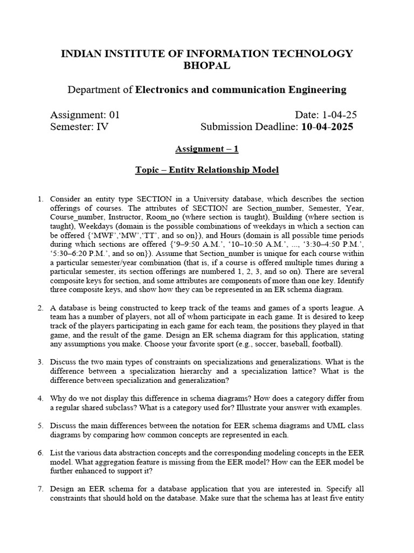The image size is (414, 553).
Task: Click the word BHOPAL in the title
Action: pyautogui.click(x=207, y=65)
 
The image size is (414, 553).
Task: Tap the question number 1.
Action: pyautogui.click(x=40, y=199)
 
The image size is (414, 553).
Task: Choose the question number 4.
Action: pyautogui.click(x=40, y=398)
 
